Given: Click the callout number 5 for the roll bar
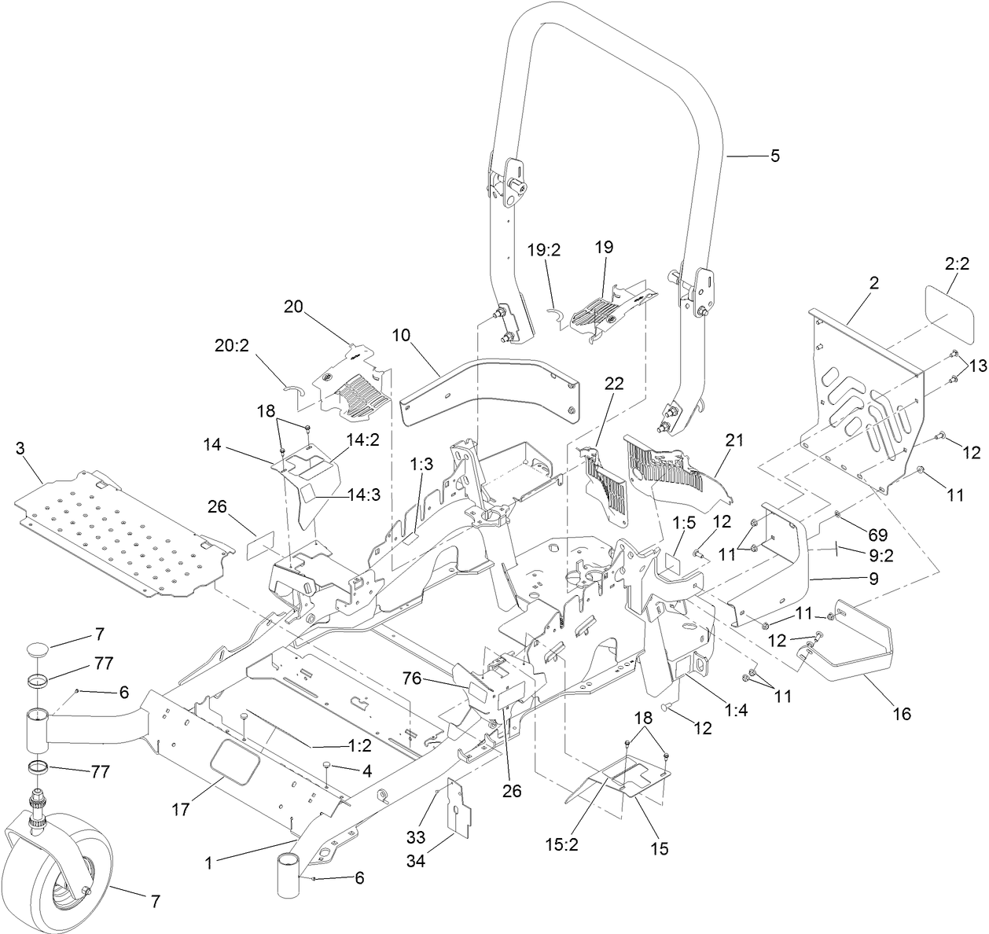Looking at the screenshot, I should [775, 156].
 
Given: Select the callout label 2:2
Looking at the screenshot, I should [956, 266].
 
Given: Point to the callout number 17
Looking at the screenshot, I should [181, 808].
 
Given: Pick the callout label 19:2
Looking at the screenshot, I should [543, 251].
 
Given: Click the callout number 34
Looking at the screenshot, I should [416, 862].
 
